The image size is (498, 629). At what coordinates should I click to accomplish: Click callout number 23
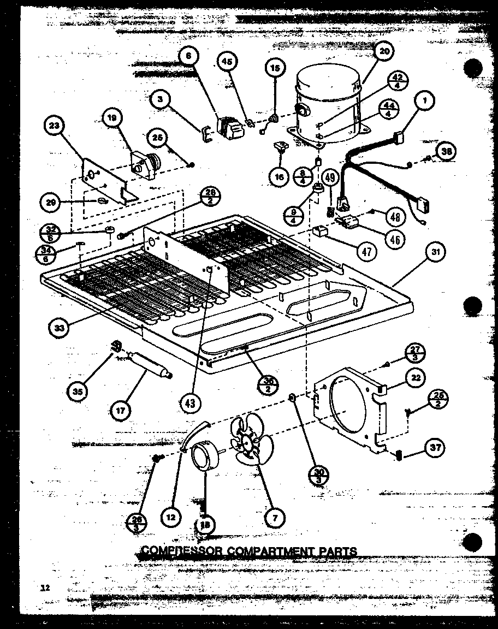pyautogui.click(x=53, y=127)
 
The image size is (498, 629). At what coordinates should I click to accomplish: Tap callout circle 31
pyautogui.click(x=434, y=252)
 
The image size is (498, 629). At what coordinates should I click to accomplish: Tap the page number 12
pyautogui.click(x=45, y=588)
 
